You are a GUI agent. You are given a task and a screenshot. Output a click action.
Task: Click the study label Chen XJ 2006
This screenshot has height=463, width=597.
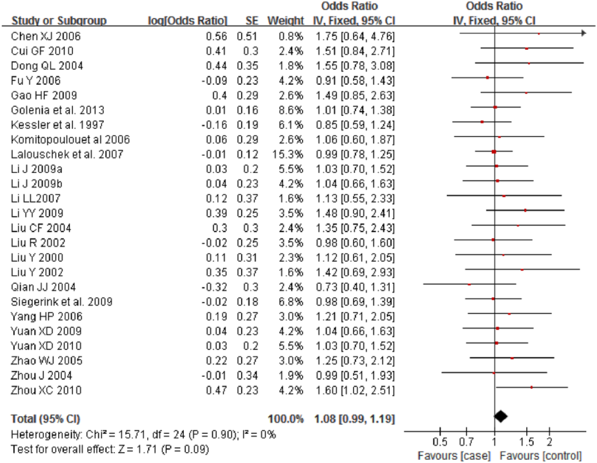point(45,36)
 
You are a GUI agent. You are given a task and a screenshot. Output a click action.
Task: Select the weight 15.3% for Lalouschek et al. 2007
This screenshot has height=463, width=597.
point(288,154)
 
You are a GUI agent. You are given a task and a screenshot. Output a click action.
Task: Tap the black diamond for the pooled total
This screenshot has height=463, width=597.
point(500,416)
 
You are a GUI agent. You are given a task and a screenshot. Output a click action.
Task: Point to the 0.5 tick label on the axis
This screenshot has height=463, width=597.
point(440,442)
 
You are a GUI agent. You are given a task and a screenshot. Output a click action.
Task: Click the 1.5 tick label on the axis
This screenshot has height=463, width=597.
point(527,442)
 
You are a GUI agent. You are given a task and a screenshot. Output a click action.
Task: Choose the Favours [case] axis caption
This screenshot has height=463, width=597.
point(454,456)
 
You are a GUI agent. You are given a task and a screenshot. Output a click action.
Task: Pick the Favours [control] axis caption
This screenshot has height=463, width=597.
point(540,456)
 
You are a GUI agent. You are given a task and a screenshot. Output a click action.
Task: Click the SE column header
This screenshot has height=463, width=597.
point(252,20)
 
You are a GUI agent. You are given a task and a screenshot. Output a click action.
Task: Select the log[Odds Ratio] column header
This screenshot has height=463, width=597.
point(187,20)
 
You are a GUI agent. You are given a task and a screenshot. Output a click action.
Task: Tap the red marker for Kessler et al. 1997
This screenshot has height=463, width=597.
point(482,122)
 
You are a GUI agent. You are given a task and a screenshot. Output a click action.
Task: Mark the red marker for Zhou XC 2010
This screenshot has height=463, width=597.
point(531,387)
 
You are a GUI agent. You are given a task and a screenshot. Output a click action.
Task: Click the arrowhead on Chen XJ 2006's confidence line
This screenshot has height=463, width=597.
point(584,33)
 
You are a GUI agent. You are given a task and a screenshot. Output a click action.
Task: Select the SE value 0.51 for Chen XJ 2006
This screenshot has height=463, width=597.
point(247,36)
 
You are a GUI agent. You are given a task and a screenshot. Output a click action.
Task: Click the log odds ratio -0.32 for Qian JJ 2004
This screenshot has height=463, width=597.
point(214,287)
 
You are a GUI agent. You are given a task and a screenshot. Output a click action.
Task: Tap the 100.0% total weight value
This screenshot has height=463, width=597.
point(286,419)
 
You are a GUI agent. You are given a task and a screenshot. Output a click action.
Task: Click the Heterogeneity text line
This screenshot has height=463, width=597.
point(143,434)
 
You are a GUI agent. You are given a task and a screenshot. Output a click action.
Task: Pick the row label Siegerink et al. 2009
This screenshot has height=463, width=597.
point(62,302)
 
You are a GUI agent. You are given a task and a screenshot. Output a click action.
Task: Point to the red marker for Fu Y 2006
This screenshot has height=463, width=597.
point(488,78)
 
